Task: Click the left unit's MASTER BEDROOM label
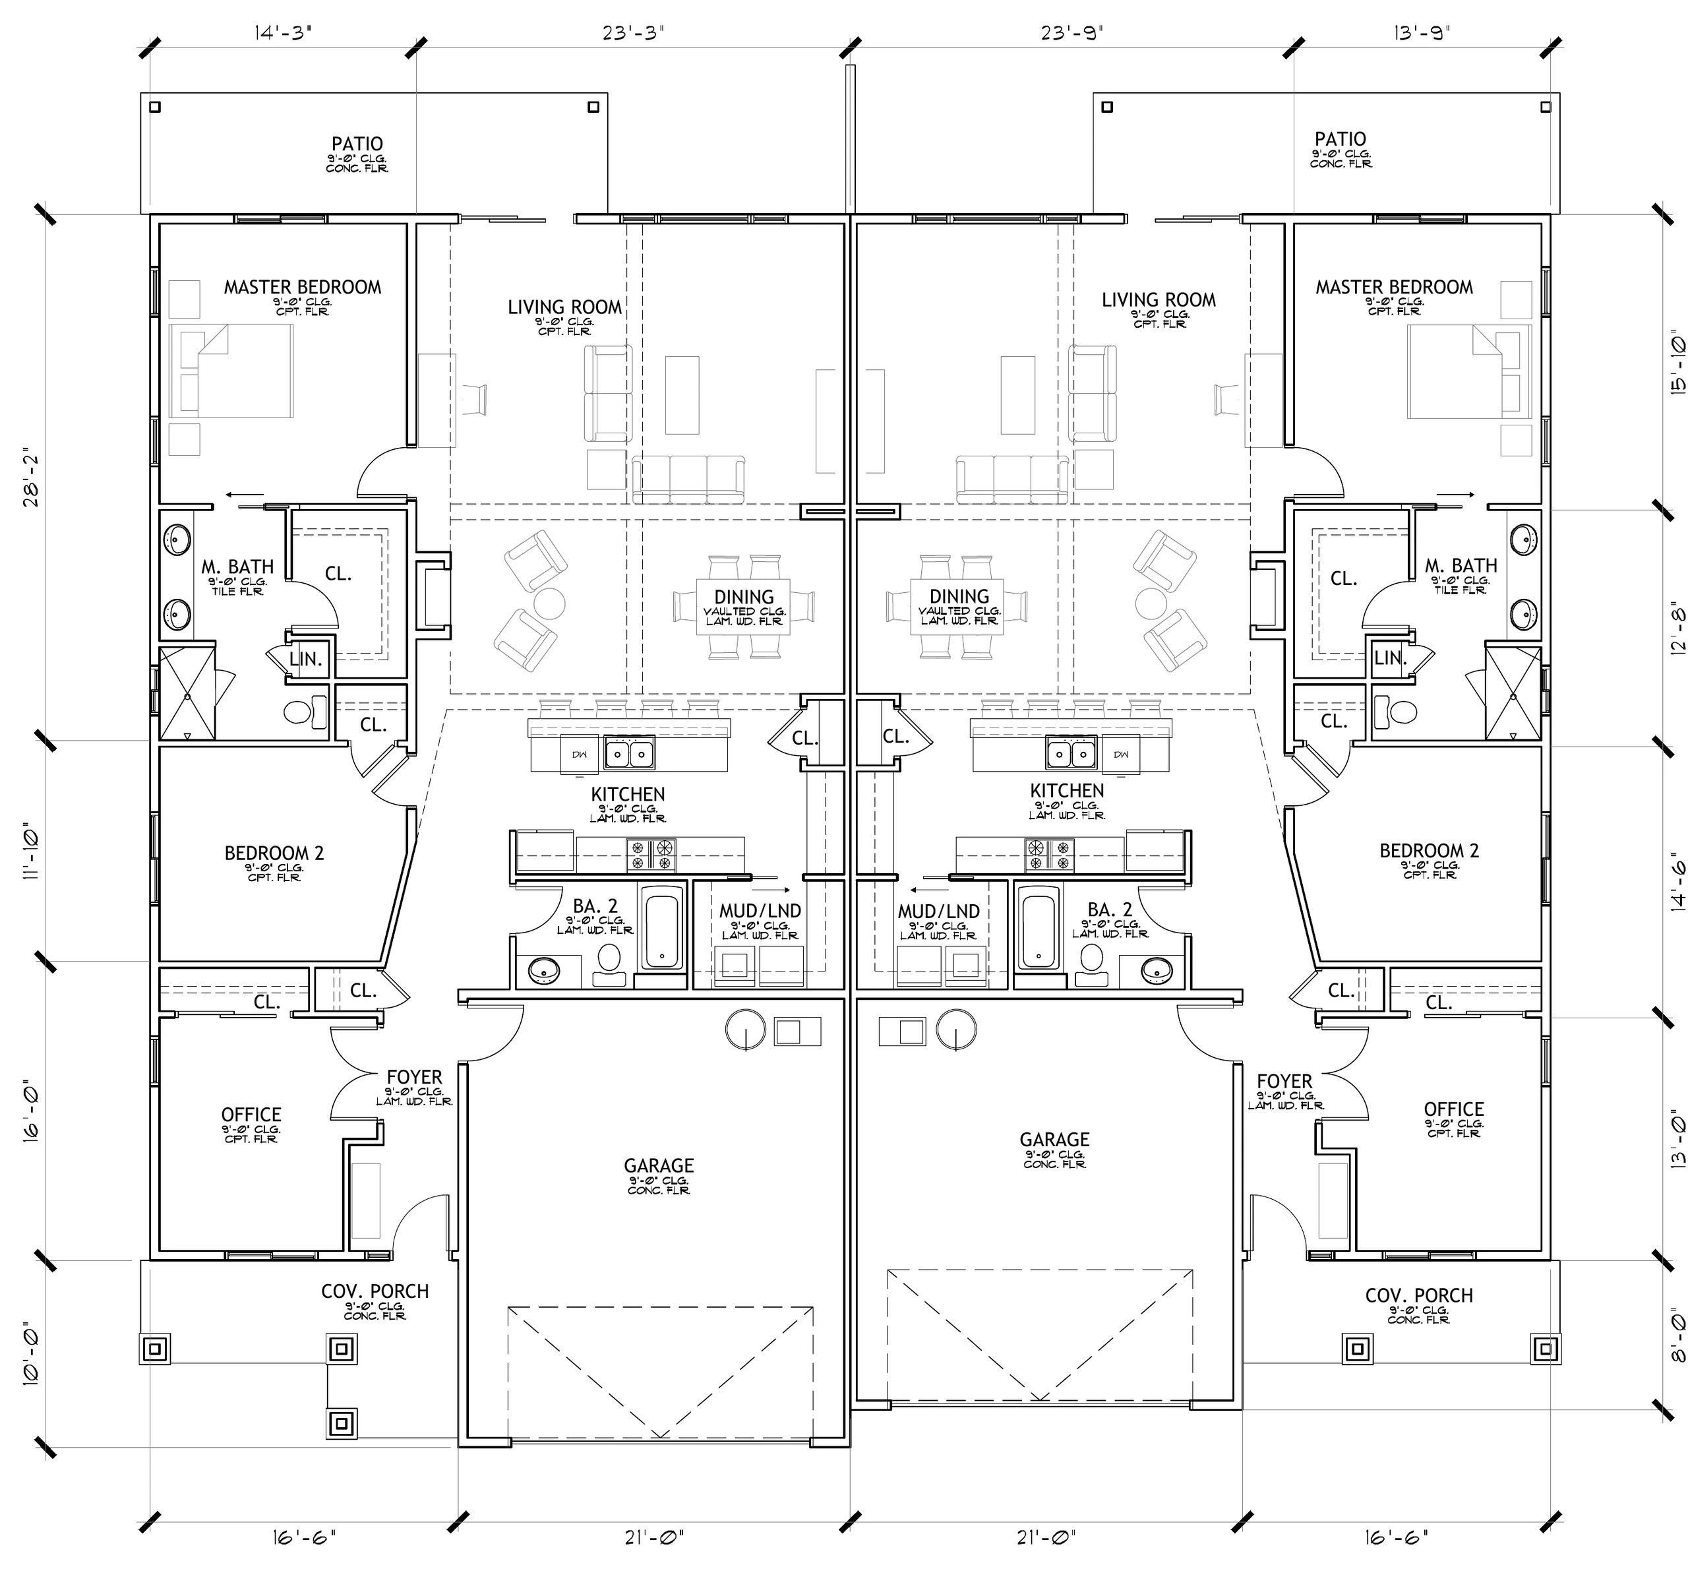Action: tap(302, 287)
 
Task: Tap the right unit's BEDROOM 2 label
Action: tap(1429, 851)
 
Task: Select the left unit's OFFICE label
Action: tap(251, 1114)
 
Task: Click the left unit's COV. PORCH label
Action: tap(375, 1291)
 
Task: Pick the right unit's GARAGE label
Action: tap(1054, 1140)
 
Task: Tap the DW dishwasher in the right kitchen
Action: tap(1121, 754)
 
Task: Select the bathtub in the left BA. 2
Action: tap(663, 928)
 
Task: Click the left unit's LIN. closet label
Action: tap(306, 659)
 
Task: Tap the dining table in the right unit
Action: tap(959, 606)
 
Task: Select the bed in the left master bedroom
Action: tap(231, 371)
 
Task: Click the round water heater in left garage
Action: tap(746, 1030)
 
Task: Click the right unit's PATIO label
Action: tap(1340, 139)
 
